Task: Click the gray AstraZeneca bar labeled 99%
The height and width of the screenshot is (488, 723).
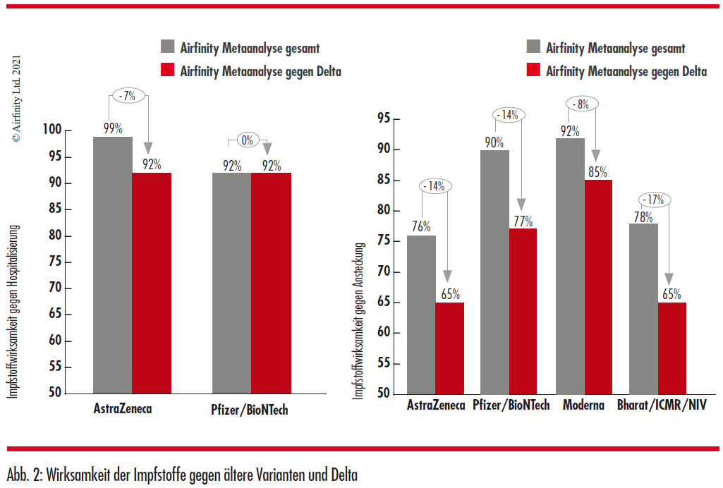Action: [x=113, y=265]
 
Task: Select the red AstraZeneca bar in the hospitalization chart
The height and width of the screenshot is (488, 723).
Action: [x=152, y=283]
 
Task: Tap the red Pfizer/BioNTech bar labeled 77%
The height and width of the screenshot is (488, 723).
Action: [x=523, y=311]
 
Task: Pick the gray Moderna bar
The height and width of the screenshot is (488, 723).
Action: [x=571, y=266]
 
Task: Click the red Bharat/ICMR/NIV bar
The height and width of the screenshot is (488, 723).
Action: [x=672, y=348]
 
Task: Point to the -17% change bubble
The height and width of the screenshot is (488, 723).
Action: [x=655, y=200]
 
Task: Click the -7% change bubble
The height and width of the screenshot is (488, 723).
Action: [x=128, y=95]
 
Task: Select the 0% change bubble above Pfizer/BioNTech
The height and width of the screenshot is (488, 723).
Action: [x=248, y=140]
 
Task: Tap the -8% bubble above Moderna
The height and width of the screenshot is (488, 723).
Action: [x=583, y=104]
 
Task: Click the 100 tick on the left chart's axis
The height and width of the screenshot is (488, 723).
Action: [x=52, y=129]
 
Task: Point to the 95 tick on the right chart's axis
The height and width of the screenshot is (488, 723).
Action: [x=384, y=118]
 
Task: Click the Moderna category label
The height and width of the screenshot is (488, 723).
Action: [x=583, y=405]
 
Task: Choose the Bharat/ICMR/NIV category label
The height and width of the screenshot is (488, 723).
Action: [x=662, y=405]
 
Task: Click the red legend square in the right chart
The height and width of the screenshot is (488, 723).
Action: [x=533, y=70]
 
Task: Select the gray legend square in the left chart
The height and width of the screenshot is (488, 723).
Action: [x=168, y=46]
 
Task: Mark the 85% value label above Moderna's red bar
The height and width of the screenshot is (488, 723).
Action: [x=597, y=172]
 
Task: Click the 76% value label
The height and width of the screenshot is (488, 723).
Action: [x=421, y=226]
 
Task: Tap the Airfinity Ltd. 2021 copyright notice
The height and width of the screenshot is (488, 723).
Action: [x=17, y=99]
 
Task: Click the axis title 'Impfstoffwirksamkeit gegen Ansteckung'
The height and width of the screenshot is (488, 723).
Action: [x=359, y=321]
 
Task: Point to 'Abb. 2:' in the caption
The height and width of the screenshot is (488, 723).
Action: [x=25, y=475]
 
